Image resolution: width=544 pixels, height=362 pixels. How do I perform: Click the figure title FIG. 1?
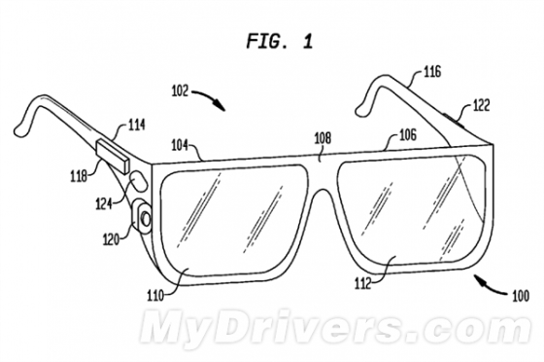coord(280,41)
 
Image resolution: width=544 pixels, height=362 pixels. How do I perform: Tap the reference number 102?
coord(180,91)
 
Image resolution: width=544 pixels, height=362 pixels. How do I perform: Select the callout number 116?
coord(432,72)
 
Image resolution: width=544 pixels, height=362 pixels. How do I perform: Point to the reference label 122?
coord(481,106)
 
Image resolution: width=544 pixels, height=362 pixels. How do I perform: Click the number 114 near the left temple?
coord(136,125)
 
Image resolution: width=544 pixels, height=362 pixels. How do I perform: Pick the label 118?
coord(79,176)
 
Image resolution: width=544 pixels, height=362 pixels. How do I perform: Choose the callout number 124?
coord(103,204)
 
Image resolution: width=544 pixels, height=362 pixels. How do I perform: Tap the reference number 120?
coord(111,239)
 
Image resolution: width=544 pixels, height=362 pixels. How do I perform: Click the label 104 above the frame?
coord(180,145)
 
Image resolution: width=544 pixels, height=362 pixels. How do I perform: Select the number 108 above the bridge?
coord(323,138)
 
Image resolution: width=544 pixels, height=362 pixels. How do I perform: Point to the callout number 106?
coord(408,135)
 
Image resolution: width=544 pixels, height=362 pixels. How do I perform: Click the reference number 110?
coord(155,296)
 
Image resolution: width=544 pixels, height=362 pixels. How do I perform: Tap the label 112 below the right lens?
coord(363,284)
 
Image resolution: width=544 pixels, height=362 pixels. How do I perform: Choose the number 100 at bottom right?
coord(521,296)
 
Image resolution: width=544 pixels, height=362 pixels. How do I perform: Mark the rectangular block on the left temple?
coord(113,156)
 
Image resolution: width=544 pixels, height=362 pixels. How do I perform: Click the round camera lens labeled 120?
coord(146,219)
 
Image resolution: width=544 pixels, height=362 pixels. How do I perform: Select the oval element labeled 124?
coord(139,180)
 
